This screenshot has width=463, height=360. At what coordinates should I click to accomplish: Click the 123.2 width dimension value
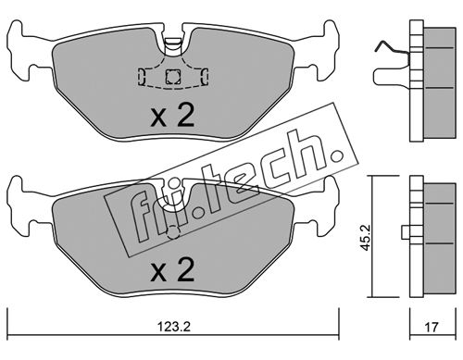(173, 327)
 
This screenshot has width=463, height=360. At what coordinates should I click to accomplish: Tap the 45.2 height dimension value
(367, 237)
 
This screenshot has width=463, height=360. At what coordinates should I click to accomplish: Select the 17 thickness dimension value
(432, 327)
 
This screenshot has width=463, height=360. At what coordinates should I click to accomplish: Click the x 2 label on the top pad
(172, 115)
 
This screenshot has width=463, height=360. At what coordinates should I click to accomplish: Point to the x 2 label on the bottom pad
(172, 269)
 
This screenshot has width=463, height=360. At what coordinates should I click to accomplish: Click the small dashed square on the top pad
(172, 76)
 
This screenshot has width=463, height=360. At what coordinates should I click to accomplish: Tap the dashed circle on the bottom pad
(173, 232)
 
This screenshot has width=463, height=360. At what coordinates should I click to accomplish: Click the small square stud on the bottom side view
(407, 231)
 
